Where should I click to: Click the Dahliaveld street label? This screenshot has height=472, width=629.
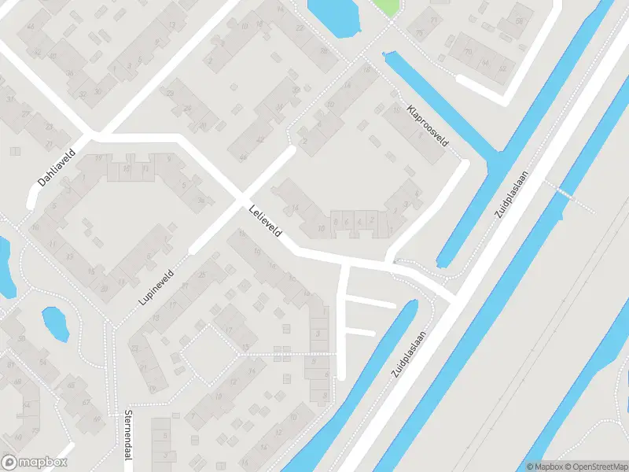pos(56,168)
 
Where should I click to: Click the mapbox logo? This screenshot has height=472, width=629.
pos(35,463)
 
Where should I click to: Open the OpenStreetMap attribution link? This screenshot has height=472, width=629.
pos(597,466)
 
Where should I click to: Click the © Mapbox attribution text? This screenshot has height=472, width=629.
pos(546,466)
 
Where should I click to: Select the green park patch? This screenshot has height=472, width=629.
pos(385,8)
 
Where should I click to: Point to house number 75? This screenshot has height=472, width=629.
pos(420,33)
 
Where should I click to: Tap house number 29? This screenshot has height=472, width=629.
pos(170,93)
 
